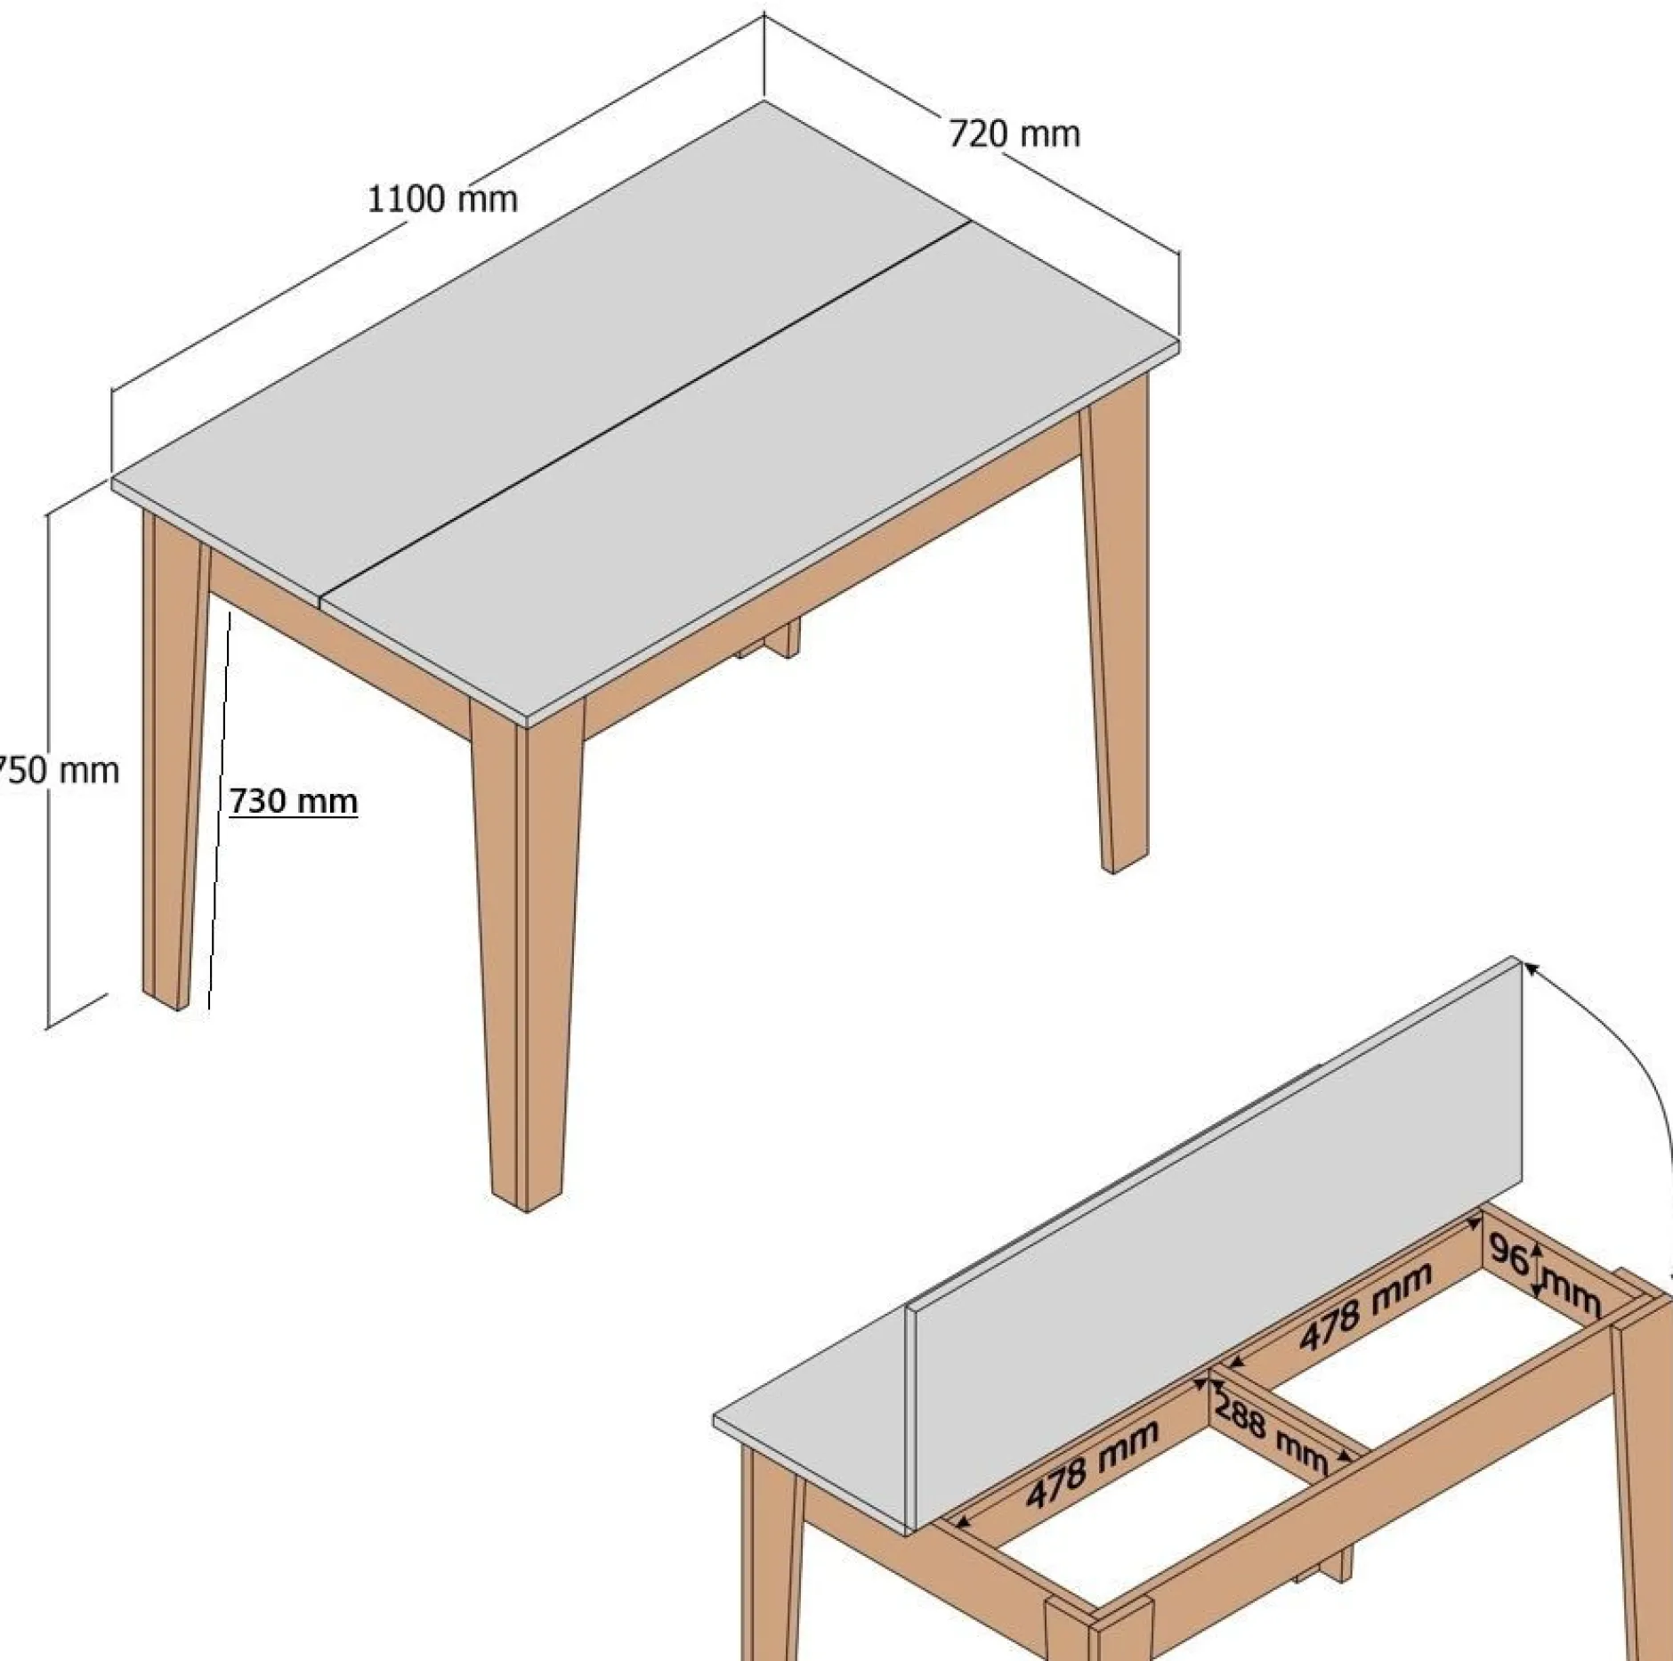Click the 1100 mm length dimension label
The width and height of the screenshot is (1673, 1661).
click(x=442, y=199)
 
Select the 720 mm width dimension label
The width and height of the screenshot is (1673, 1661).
click(x=1014, y=134)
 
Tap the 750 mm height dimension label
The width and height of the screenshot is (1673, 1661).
click(x=59, y=770)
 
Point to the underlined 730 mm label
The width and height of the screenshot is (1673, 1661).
click(x=294, y=801)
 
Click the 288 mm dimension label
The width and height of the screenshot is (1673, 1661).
click(x=1271, y=1433)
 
